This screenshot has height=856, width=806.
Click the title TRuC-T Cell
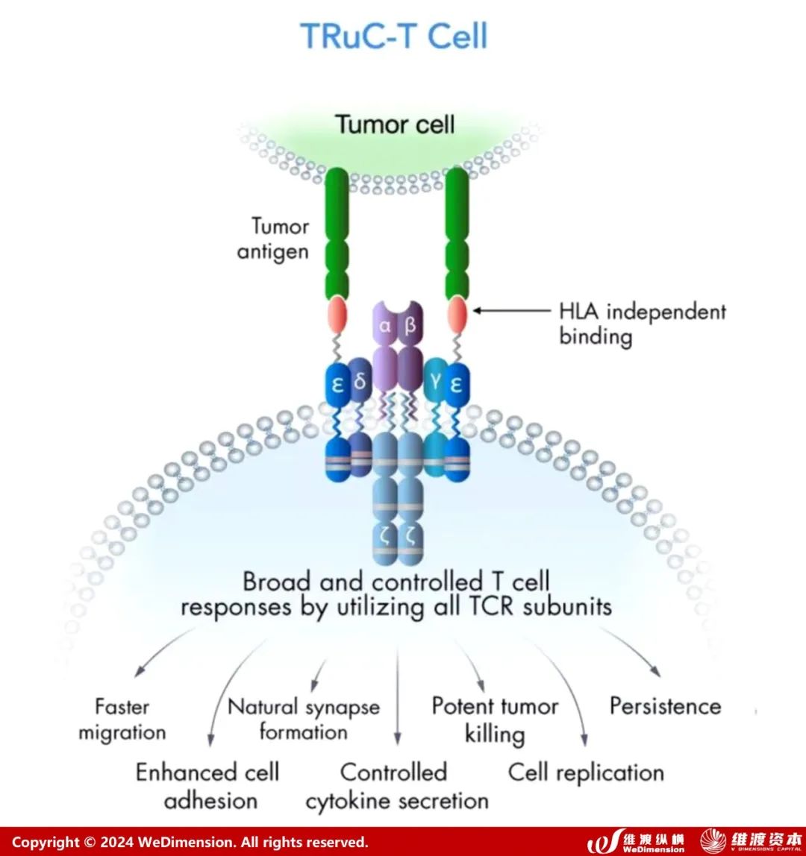tap(393, 36)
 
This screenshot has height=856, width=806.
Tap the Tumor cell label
tap(394, 124)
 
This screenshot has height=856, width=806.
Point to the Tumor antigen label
tap(272, 239)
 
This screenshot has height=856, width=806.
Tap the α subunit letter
tap(385, 327)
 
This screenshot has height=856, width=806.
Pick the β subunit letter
tap(410, 327)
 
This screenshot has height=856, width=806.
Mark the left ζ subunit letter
tap(385, 535)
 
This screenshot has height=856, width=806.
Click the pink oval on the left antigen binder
tap(337, 315)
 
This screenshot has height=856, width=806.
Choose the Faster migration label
tap(122, 719)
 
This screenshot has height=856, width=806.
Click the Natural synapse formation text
tap(303, 719)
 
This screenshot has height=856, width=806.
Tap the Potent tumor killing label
tap(495, 720)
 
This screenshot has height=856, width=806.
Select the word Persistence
tap(665, 706)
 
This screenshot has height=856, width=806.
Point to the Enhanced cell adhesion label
tap(208, 786)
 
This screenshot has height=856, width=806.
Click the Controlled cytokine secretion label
tap(396, 786)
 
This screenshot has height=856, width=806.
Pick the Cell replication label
tap(586, 772)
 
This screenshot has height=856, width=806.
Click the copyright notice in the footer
tap(190, 842)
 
